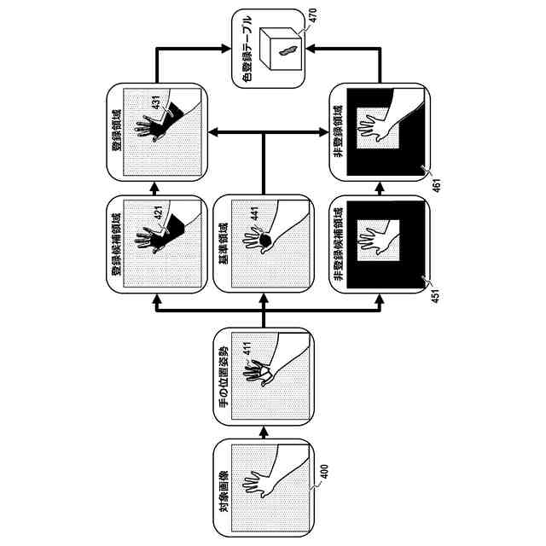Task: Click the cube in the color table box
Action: (282, 47)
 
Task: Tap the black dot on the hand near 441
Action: (266, 243)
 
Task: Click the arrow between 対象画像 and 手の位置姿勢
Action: (263, 432)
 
